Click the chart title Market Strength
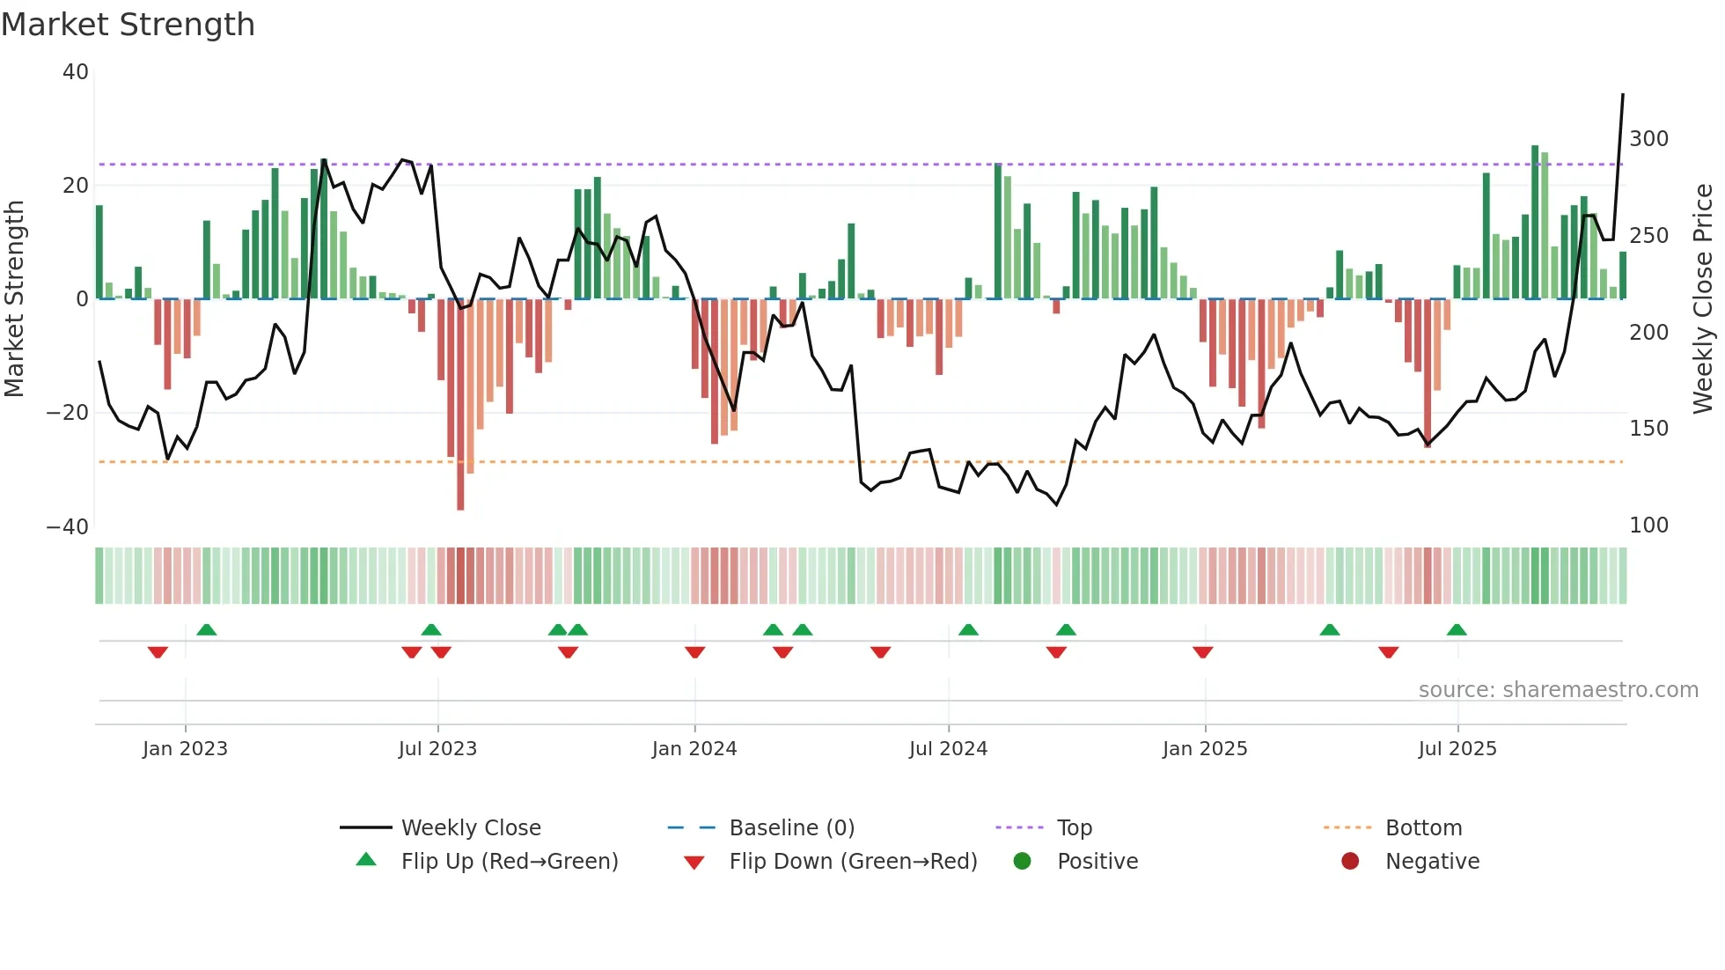click(128, 25)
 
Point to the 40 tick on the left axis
click(76, 72)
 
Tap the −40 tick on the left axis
click(68, 526)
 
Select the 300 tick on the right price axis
click(1648, 139)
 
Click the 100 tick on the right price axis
click(1648, 525)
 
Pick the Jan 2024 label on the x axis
click(694, 749)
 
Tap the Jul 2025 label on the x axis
click(1457, 749)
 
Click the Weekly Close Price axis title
click(1702, 299)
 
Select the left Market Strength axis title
click(15, 299)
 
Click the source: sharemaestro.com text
click(1558, 690)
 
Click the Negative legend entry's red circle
click(1350, 862)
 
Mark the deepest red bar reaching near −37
click(460, 405)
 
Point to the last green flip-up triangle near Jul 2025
click(1457, 630)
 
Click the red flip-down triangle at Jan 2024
click(694, 652)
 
